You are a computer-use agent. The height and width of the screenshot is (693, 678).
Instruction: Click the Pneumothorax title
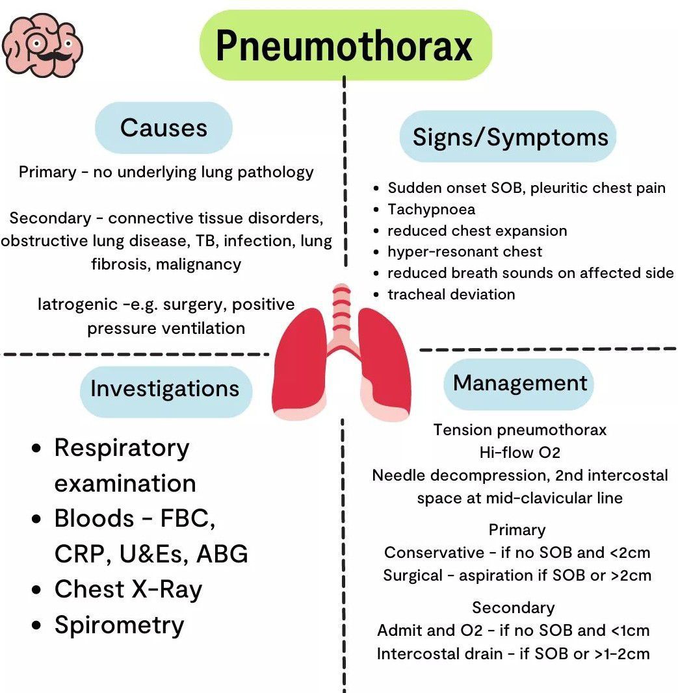click(345, 45)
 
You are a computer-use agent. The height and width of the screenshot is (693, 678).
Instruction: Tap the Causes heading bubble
click(164, 128)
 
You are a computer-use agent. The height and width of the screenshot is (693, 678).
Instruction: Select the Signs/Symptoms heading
click(510, 137)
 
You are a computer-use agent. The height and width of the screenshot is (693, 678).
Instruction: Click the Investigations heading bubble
click(164, 388)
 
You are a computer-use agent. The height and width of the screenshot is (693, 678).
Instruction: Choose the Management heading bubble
click(520, 383)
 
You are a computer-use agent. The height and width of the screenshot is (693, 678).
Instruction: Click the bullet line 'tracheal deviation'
click(451, 294)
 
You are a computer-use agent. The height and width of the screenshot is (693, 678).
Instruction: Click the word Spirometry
click(120, 625)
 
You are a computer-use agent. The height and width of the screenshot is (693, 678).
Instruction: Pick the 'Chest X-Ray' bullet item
click(128, 589)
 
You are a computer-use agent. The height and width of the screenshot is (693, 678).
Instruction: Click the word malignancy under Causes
click(198, 264)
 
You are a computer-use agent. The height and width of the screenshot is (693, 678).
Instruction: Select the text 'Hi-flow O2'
click(520, 452)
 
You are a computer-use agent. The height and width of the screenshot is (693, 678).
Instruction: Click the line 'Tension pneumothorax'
click(520, 429)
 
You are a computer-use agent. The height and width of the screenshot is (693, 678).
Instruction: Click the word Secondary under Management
click(514, 608)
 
